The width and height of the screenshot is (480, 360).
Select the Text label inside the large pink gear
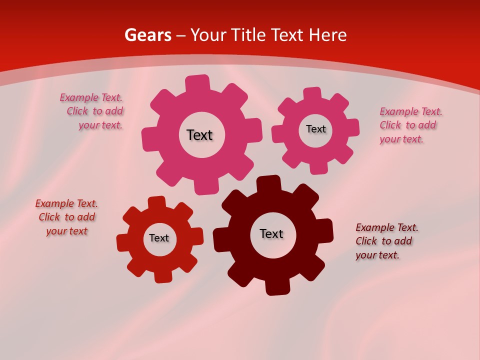199,135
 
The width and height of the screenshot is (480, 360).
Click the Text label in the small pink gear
315,129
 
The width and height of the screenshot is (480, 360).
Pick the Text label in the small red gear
159,238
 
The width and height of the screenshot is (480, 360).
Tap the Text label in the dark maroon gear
271,233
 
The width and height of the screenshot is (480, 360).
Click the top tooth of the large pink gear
197,83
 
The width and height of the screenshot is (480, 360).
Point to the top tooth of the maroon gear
268,183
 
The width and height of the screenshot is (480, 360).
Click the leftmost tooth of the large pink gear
149,139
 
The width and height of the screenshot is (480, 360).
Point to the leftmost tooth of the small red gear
123,243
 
